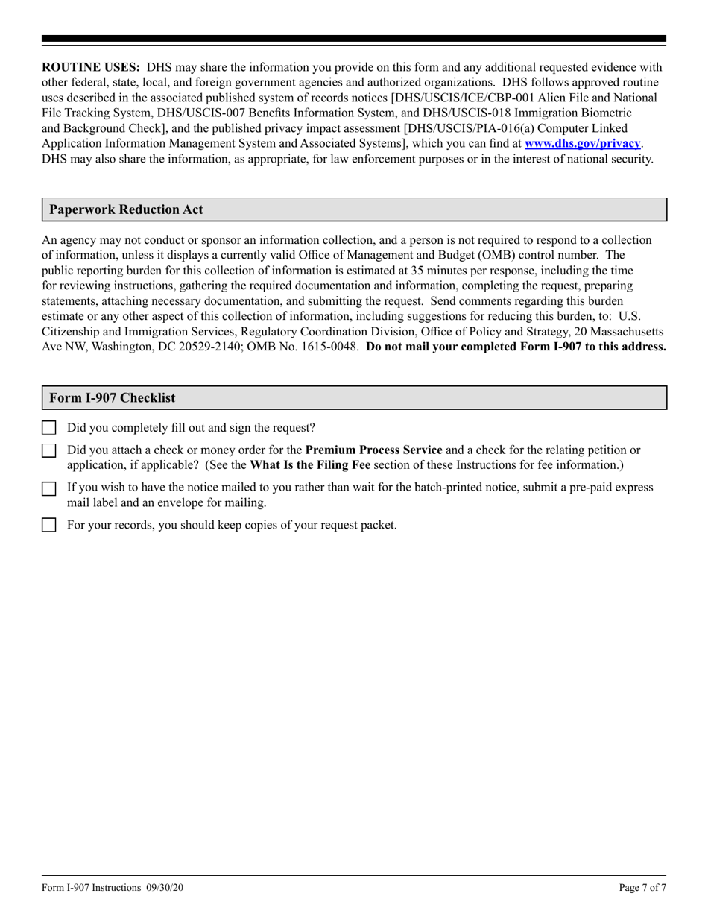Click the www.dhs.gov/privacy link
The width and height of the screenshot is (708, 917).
582,143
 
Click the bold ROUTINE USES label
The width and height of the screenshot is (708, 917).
90,66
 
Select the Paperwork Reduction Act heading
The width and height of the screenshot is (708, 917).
126,210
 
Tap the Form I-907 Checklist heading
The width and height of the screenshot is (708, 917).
113,398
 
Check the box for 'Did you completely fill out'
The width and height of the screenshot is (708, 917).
48,428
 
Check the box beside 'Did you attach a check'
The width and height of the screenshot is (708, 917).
48,450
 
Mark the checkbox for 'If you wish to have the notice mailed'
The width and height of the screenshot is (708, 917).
48,488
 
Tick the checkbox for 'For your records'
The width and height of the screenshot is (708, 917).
48,525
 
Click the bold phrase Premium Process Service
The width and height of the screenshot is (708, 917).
373,450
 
